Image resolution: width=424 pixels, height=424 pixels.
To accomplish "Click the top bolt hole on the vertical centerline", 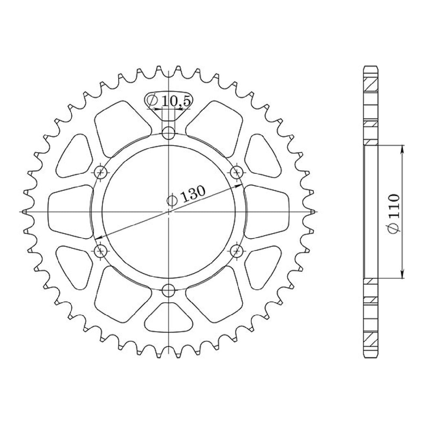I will coord(169,133).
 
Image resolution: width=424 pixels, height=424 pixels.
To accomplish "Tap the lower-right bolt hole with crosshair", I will coord(237,250).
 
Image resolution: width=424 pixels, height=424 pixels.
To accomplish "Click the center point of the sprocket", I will coord(169,211).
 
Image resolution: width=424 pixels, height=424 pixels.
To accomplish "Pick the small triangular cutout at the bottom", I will coord(169,318).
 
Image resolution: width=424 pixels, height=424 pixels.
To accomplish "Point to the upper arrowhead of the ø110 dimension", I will coord(403,148).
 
